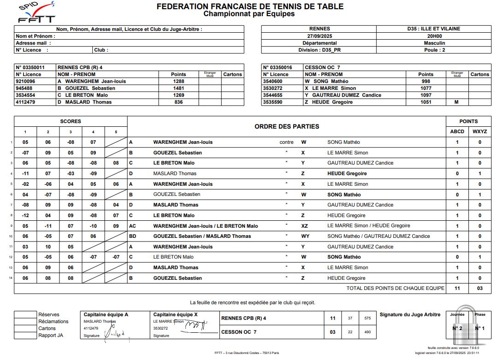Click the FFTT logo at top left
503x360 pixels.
(x=36, y=12)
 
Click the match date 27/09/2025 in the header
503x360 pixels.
(x=320, y=36)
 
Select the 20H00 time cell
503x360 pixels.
(x=434, y=36)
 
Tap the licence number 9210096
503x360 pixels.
(x=25, y=81)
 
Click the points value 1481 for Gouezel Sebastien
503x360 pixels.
(x=178, y=88)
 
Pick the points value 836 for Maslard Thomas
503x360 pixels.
(x=178, y=102)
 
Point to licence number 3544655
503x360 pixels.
(x=272, y=95)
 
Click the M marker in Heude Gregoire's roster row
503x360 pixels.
(x=456, y=102)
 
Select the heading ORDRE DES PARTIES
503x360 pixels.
(x=286, y=126)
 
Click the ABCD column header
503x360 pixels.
(x=457, y=131)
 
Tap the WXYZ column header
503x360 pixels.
(x=479, y=131)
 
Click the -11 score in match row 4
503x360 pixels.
(x=25, y=173)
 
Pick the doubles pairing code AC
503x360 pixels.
(x=132, y=226)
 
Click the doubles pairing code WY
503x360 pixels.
(x=305, y=236)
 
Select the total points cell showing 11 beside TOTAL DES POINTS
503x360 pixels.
(x=457, y=288)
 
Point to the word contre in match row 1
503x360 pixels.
(x=286, y=142)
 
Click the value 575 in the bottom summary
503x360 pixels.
(x=367, y=318)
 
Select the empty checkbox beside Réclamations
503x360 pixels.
(x=25, y=321)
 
